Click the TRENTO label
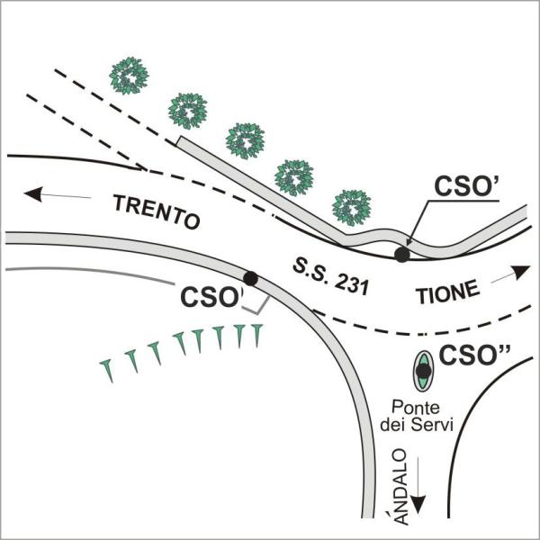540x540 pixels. (157, 211)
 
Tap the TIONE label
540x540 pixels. (447, 292)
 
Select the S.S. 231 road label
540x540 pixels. (330, 278)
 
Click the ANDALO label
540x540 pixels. (400, 486)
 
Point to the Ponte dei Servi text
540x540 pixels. (416, 417)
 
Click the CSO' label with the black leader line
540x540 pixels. (467, 186)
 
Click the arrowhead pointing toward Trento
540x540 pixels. (33, 193)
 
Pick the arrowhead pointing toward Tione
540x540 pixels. (521, 272)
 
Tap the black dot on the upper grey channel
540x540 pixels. (402, 255)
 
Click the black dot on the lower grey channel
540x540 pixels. (250, 278)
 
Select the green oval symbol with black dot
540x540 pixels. (423, 371)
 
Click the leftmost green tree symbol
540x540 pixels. (129, 76)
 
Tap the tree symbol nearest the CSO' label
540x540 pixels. (352, 208)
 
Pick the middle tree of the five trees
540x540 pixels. (245, 141)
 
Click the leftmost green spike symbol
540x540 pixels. (107, 370)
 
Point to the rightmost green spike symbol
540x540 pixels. (256, 334)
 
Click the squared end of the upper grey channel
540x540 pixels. (178, 141)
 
